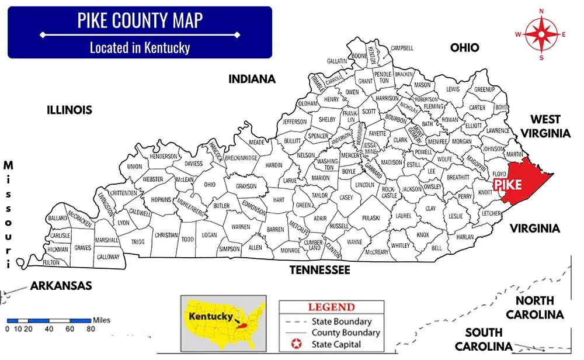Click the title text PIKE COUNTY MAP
(x=140, y=21)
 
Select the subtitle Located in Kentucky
(x=140, y=47)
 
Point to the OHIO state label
(x=464, y=48)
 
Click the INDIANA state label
(x=252, y=79)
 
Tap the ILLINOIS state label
(x=69, y=110)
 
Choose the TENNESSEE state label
(x=320, y=270)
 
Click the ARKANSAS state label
(x=61, y=286)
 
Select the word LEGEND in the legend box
(x=331, y=307)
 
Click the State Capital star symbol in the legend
(x=294, y=344)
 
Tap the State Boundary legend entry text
(x=342, y=321)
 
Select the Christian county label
(x=166, y=235)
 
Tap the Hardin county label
(x=274, y=165)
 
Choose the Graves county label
(x=82, y=247)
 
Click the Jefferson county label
(x=294, y=122)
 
